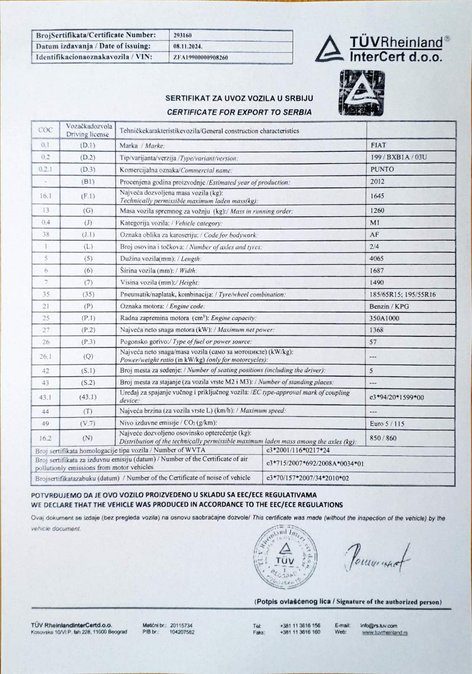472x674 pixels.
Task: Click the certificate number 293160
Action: click(182, 35)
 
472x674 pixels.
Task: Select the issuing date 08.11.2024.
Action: click(187, 46)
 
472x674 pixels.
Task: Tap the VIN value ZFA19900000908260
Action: click(200, 57)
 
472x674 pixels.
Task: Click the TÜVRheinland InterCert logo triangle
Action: click(330, 48)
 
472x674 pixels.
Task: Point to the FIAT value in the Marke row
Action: click(378, 145)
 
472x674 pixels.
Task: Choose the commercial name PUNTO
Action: click(382, 169)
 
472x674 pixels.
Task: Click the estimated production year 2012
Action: click(377, 182)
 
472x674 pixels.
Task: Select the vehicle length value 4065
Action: click(376, 258)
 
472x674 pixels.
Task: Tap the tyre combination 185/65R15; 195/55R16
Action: click(402, 294)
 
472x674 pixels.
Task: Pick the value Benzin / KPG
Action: click(389, 306)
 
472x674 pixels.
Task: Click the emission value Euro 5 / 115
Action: click(387, 424)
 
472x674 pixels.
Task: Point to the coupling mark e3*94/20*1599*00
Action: click(397, 397)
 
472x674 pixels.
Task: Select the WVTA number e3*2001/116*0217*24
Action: click(298, 450)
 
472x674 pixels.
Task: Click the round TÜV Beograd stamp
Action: click(285, 557)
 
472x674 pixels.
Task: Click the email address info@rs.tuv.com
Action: click(379, 626)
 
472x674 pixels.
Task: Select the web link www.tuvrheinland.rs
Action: click(384, 632)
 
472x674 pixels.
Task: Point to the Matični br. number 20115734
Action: click(181, 626)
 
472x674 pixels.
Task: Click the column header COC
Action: click(45, 130)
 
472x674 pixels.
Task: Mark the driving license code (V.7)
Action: click(88, 423)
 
